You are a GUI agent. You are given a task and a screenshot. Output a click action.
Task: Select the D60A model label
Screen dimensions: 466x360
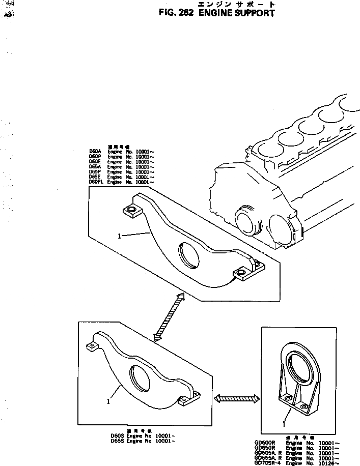coord(95,151)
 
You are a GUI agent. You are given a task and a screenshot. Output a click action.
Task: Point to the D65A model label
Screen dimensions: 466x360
coord(95,166)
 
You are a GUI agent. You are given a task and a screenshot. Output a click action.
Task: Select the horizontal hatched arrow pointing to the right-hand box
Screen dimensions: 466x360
coord(236,398)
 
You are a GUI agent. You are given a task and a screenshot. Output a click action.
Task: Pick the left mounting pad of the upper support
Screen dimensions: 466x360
coord(130,211)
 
